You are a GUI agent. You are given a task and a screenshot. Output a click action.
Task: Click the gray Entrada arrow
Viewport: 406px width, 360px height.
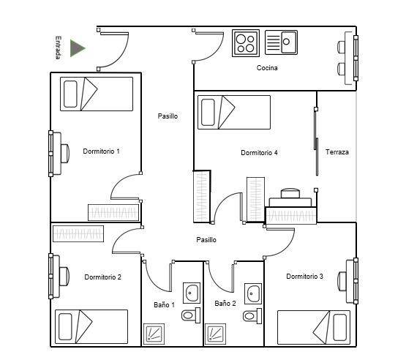pyautogui.click(x=77, y=48)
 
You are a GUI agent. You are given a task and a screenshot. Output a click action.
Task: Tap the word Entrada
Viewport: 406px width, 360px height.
pyautogui.click(x=59, y=48)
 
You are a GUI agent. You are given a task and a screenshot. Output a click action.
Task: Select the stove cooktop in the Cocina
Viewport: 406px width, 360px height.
pyautogui.click(x=246, y=43)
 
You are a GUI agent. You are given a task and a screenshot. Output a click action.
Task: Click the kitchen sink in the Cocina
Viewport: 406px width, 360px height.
pyautogui.click(x=281, y=42)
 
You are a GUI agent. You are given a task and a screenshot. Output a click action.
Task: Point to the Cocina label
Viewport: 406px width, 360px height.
pyautogui.click(x=267, y=68)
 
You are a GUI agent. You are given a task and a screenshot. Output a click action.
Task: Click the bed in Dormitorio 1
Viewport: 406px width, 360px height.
pyautogui.click(x=97, y=94)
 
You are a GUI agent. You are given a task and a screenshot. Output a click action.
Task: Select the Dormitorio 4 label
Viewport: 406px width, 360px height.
pyautogui.click(x=259, y=152)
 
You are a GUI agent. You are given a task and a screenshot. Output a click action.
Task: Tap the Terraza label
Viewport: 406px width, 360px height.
pyautogui.click(x=337, y=151)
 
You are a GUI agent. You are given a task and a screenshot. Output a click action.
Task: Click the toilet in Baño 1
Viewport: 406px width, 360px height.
pyautogui.click(x=191, y=315)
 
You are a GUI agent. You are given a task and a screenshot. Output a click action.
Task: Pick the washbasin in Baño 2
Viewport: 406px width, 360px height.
pyautogui.click(x=253, y=293)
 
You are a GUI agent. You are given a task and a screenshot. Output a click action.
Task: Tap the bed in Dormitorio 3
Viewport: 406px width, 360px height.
pyautogui.click(x=314, y=327)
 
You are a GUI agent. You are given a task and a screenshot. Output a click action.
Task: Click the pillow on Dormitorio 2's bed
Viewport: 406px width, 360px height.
pyautogui.click(x=65, y=327)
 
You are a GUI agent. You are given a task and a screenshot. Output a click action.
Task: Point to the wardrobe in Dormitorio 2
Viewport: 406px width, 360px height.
pyautogui.click(x=78, y=233)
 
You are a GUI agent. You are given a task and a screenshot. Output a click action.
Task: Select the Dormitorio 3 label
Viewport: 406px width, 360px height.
pyautogui.click(x=305, y=277)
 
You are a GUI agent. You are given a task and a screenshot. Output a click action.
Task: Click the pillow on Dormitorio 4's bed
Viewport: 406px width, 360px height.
pyautogui.click(x=208, y=112)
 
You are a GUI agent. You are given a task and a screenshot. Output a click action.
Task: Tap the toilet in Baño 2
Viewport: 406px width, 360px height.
pyautogui.click(x=252, y=315)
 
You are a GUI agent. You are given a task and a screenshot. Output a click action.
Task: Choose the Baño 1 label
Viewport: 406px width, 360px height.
pyautogui.click(x=164, y=305)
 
